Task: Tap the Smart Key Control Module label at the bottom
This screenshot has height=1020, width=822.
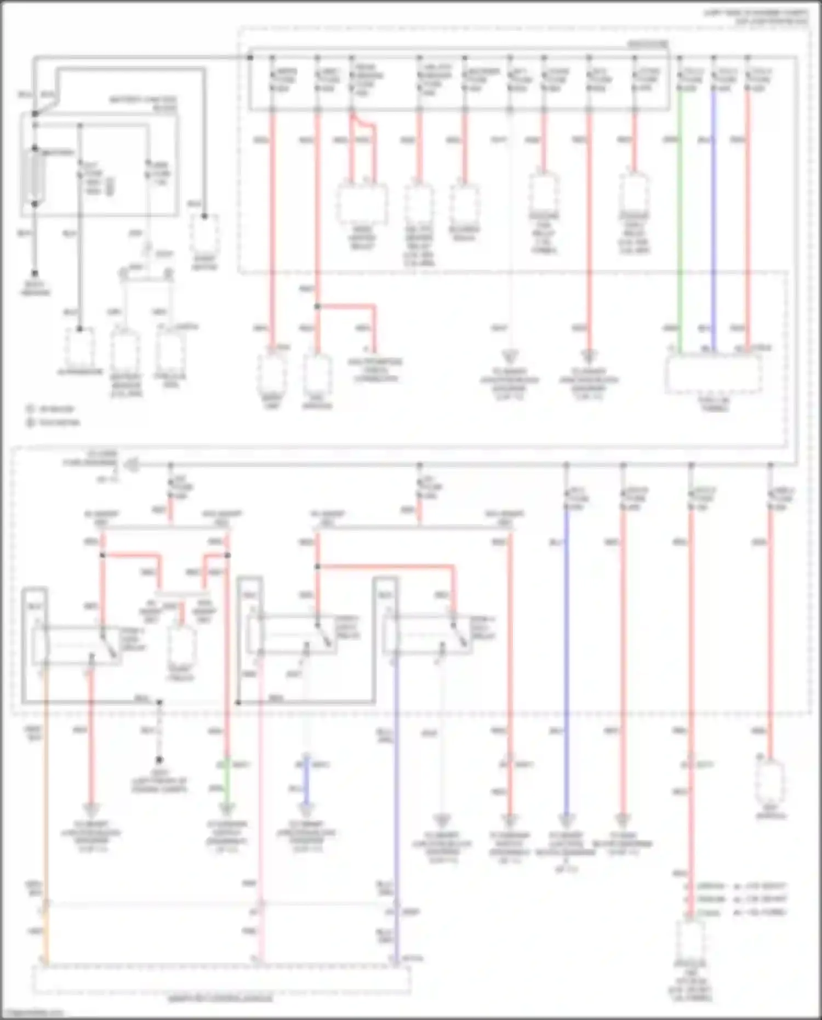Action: tap(220, 999)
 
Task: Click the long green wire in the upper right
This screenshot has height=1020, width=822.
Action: tap(680, 219)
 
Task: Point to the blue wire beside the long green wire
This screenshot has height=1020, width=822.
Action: tap(713, 219)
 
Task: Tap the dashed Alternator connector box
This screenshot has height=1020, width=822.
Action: tap(79, 347)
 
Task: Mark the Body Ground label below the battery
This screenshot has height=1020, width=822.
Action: tap(35, 288)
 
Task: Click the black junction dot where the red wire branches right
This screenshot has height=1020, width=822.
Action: tap(317, 306)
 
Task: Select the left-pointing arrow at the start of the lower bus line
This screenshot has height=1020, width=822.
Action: tap(130, 465)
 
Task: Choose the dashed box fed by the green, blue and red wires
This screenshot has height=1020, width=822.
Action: tap(713, 374)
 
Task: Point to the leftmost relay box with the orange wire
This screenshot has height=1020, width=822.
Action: tap(77, 645)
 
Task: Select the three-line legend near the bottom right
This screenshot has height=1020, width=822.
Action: tap(737, 899)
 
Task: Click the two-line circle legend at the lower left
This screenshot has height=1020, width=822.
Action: tap(54, 415)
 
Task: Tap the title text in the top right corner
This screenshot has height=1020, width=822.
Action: tap(756, 17)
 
